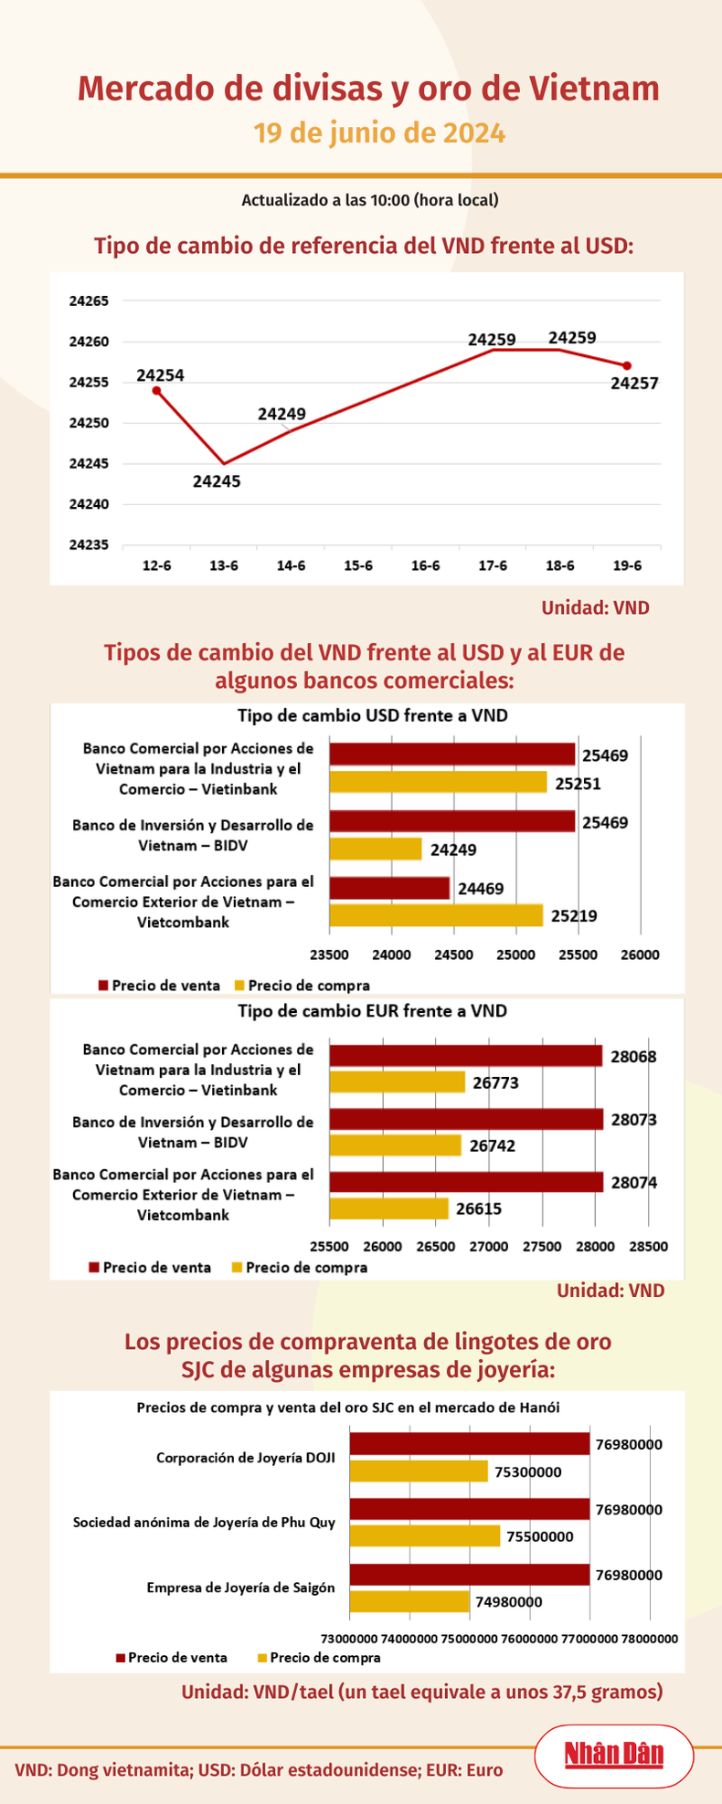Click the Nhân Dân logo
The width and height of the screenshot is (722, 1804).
(614, 1756)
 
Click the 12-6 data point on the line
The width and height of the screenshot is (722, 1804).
(156, 391)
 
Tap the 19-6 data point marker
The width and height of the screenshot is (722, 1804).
(627, 366)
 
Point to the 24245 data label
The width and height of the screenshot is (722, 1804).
(217, 481)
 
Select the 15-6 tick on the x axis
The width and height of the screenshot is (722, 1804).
(358, 566)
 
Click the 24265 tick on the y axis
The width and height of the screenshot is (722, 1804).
(89, 301)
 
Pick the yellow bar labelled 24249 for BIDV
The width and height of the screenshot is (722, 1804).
(376, 849)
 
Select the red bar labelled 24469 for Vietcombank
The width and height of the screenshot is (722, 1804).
(389, 888)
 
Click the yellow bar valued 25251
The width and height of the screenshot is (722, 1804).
(438, 783)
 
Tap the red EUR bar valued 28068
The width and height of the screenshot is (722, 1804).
(466, 1057)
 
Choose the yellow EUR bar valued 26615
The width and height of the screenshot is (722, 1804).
(389, 1208)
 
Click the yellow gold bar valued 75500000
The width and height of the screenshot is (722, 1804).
(425, 1536)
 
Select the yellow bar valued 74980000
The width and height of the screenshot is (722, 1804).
(409, 1601)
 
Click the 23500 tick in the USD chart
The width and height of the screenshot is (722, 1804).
(329, 955)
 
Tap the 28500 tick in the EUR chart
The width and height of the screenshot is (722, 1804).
(649, 1246)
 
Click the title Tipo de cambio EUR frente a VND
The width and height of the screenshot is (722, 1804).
(372, 1011)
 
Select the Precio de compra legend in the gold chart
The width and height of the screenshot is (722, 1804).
(324, 1658)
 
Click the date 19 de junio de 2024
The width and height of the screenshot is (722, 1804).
(379, 133)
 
